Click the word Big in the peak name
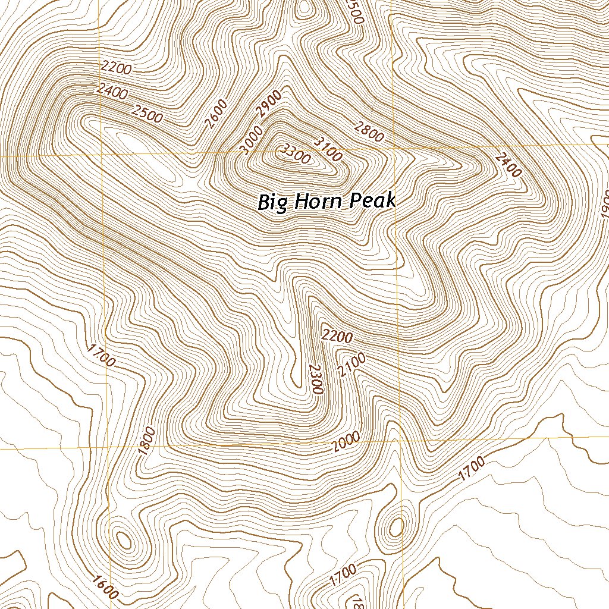(x=272, y=202)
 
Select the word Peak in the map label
(x=372, y=200)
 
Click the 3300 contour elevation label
(x=295, y=154)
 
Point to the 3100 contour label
(x=328, y=149)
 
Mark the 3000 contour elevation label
(x=252, y=140)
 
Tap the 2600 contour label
(x=215, y=114)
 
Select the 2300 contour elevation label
(x=315, y=379)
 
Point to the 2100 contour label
(x=351, y=365)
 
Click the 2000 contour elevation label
(x=347, y=442)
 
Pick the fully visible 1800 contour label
(x=146, y=441)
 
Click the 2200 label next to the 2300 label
(x=337, y=336)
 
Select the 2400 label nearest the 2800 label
(x=508, y=164)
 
